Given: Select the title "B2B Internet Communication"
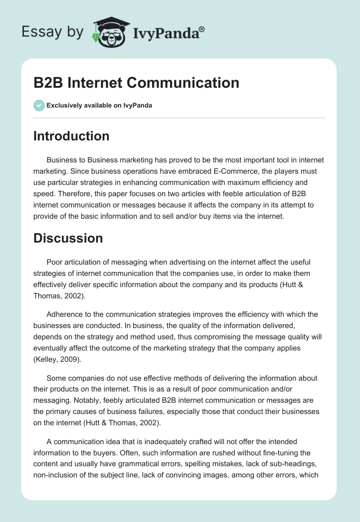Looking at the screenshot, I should [136, 83].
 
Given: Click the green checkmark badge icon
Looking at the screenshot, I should [39, 105].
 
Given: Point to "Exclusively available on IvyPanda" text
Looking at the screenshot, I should [99, 106].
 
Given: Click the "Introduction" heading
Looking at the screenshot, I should [71, 136].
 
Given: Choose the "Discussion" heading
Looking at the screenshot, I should [68, 238].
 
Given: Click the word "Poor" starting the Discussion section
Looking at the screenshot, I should [55, 262].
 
